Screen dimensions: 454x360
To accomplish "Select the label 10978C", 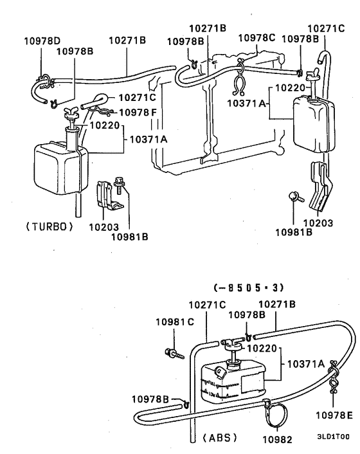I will click(256, 39).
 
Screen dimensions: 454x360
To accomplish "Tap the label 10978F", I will click(136, 112).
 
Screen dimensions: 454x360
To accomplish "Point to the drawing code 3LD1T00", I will click(334, 435).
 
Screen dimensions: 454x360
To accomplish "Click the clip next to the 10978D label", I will click(44, 81).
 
